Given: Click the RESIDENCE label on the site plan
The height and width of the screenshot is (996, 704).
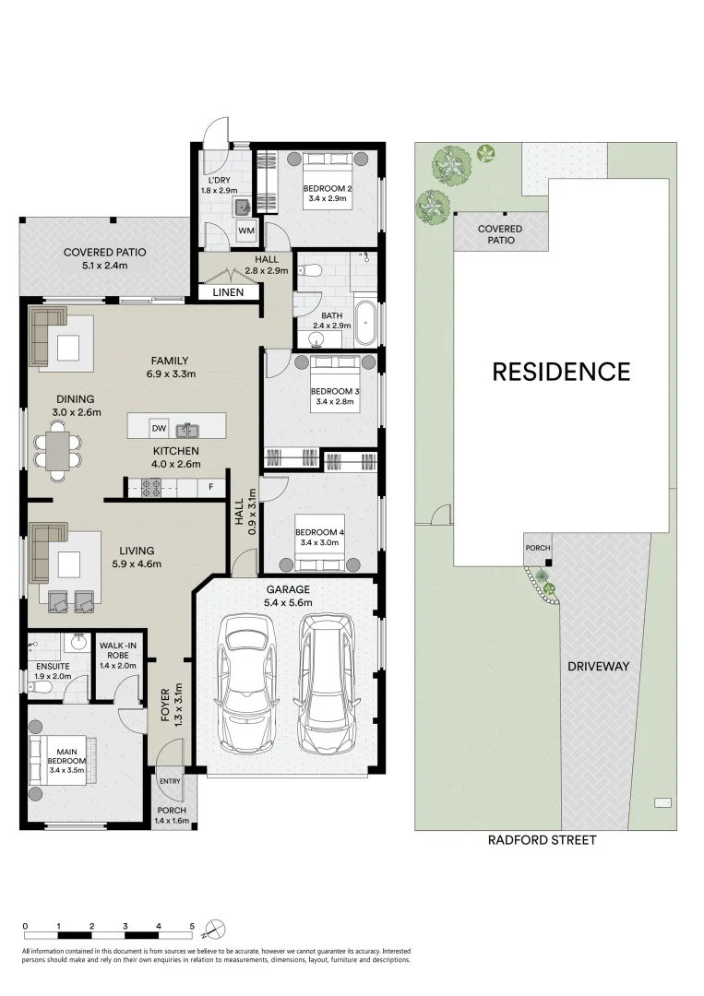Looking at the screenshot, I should coord(561,372).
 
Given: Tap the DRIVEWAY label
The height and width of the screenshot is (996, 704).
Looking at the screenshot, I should coord(598,665).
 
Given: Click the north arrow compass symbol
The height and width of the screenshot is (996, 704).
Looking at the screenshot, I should coord(215,927).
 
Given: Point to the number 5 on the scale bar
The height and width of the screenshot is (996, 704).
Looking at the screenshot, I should coord(192,925).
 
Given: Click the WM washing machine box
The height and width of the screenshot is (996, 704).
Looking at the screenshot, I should coord(246,230).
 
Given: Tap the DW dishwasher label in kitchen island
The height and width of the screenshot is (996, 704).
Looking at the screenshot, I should coord(158,429).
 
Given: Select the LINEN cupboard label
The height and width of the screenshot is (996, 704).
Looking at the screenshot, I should coord(228,292).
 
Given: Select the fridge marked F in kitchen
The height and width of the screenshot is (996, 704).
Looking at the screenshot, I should coord(211,486).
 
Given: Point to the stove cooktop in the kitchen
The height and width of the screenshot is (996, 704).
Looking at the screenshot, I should coord(151,487).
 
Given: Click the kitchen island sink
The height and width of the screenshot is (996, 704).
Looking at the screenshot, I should coord(187,429).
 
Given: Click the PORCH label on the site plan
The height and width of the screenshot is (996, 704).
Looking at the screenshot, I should coord(537,549).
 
